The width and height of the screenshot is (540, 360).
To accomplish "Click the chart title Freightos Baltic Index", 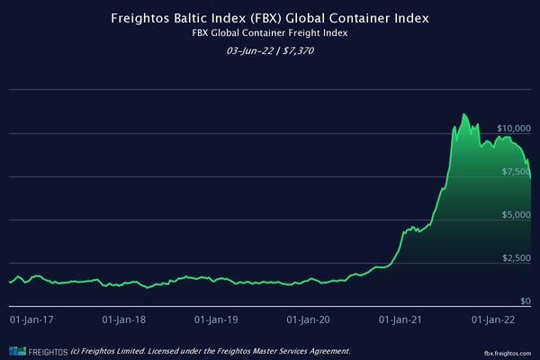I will [269, 17].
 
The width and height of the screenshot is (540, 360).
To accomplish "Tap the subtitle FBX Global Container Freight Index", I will [269, 32].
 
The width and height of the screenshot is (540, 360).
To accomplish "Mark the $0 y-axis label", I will [526, 301].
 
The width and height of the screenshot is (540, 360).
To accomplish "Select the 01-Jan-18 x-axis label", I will [125, 319].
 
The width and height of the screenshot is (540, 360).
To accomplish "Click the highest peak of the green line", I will [463, 114].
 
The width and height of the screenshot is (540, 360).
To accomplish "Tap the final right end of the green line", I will [531, 178].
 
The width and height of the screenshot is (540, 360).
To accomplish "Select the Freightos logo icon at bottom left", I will [15, 350].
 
